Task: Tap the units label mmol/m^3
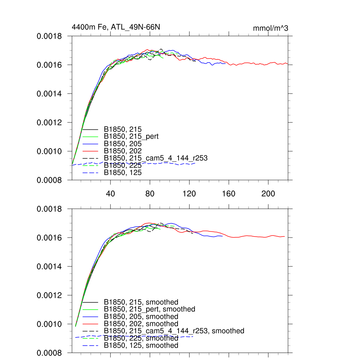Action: point(270,28)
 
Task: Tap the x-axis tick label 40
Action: point(111,194)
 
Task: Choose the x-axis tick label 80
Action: point(150,194)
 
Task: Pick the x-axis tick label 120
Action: point(189,194)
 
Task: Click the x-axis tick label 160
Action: point(229,194)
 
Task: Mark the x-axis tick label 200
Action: point(268,194)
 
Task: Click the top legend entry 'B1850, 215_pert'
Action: point(131,136)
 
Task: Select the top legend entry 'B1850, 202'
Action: point(123,151)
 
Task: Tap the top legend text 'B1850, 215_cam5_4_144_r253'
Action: point(156,158)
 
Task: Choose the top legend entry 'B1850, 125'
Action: point(123,173)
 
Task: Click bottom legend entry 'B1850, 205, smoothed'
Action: point(141,317)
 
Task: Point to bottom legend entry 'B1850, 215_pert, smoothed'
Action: point(149,309)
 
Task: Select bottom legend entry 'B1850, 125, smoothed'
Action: point(141,346)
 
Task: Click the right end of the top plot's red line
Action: point(288,64)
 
